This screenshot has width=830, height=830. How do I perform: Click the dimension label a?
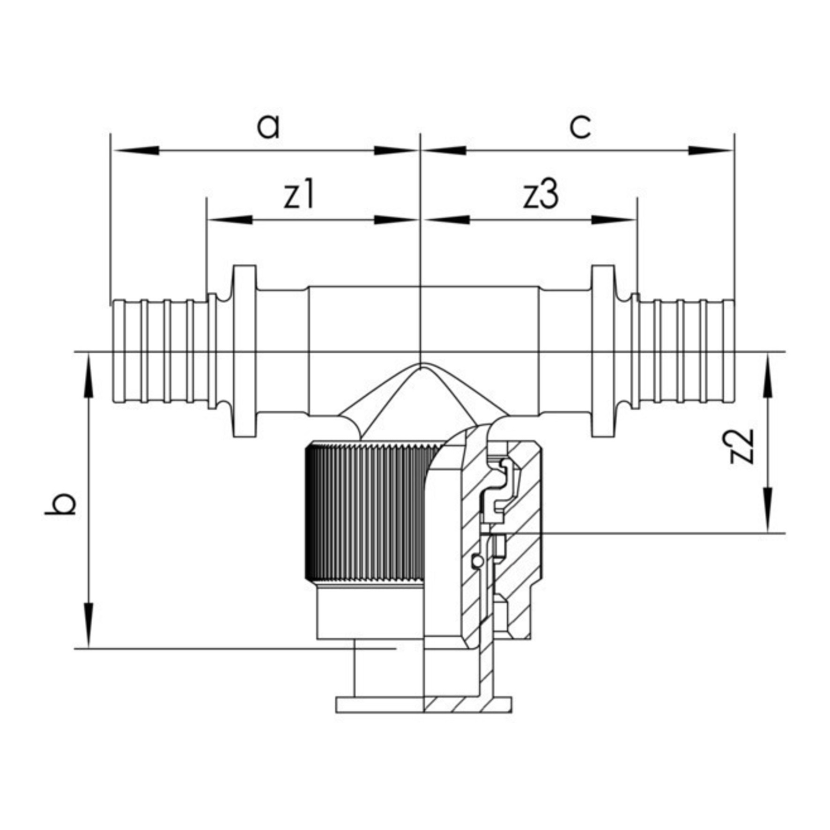[268, 126]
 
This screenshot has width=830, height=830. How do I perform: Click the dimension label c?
[580, 126]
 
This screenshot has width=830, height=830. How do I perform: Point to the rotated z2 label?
[742, 446]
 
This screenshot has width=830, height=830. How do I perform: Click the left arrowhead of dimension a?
[136, 150]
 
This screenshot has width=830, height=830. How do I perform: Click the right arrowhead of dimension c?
[710, 150]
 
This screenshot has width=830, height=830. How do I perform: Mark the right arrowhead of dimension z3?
[613, 219]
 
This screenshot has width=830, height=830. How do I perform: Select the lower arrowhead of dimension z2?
[768, 510]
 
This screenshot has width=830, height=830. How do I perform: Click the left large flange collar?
[245, 351]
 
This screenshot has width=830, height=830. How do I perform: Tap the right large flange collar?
[603, 351]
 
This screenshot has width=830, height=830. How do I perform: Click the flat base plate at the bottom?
[423, 718]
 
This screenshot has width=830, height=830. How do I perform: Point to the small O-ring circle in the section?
[476, 561]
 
